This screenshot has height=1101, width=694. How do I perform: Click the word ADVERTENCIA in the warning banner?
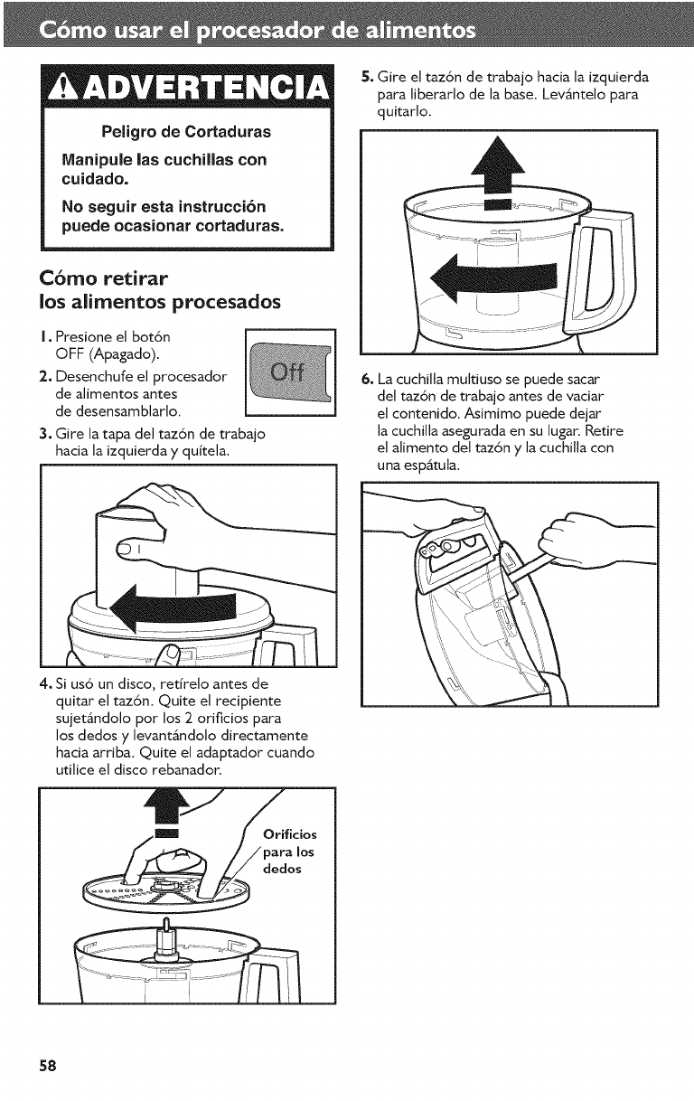coord(201,88)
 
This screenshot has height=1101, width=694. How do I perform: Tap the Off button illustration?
coord(290,372)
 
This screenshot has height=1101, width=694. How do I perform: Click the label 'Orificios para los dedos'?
coord(289,852)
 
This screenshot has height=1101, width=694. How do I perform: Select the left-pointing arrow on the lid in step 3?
coord(173,608)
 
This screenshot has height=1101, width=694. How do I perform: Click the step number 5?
coord(367,76)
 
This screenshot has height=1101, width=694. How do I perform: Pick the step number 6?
coord(367,380)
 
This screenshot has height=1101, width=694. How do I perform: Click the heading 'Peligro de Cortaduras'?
coord(186,132)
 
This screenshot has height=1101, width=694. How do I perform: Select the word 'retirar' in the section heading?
coord(136,278)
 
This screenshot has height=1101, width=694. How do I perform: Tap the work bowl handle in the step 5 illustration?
coord(598,269)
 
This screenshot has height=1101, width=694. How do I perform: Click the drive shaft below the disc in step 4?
coord(165,939)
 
